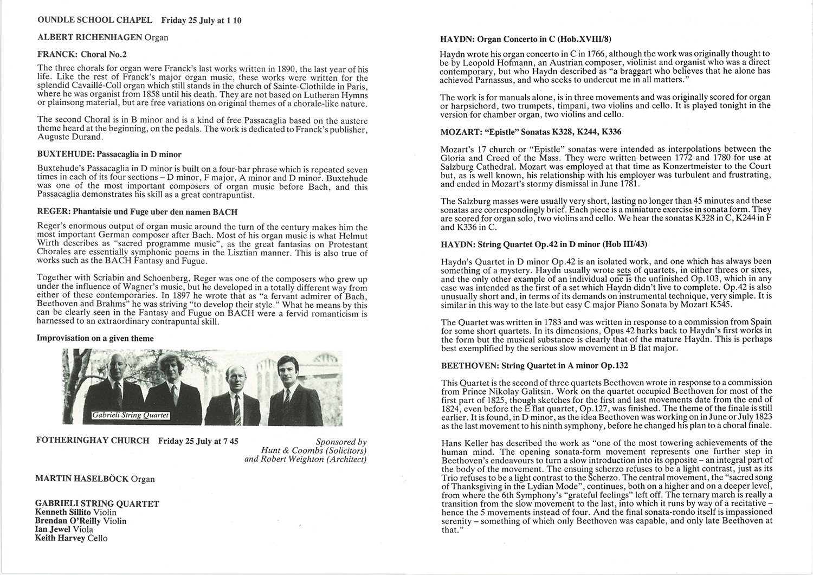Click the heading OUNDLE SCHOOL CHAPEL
click(95, 21)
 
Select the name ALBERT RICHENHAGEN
click(90, 37)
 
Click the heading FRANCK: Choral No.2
click(82, 54)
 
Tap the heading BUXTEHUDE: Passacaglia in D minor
click(109, 154)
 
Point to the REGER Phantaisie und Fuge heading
click(137, 212)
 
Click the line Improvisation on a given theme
click(95, 338)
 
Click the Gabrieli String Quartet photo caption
click(131, 416)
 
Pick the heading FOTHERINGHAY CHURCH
click(93, 441)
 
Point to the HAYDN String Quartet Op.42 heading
click(544, 245)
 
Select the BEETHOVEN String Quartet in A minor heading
click(534, 366)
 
